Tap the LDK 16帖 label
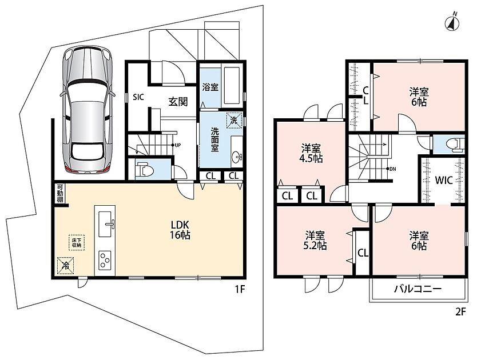point(180,230)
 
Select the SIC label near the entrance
point(138,97)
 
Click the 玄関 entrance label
point(178,102)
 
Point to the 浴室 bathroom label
point(210,87)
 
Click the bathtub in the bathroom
point(233,86)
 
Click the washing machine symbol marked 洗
point(234,120)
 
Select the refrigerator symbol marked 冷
point(65,266)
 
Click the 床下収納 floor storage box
point(77,242)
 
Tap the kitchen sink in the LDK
point(105,225)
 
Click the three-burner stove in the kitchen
point(105,260)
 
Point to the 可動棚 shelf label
point(59,193)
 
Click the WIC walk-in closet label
point(443,181)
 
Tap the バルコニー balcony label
point(418,289)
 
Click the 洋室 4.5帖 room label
point(311,154)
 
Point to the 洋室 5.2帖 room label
point(315,240)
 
